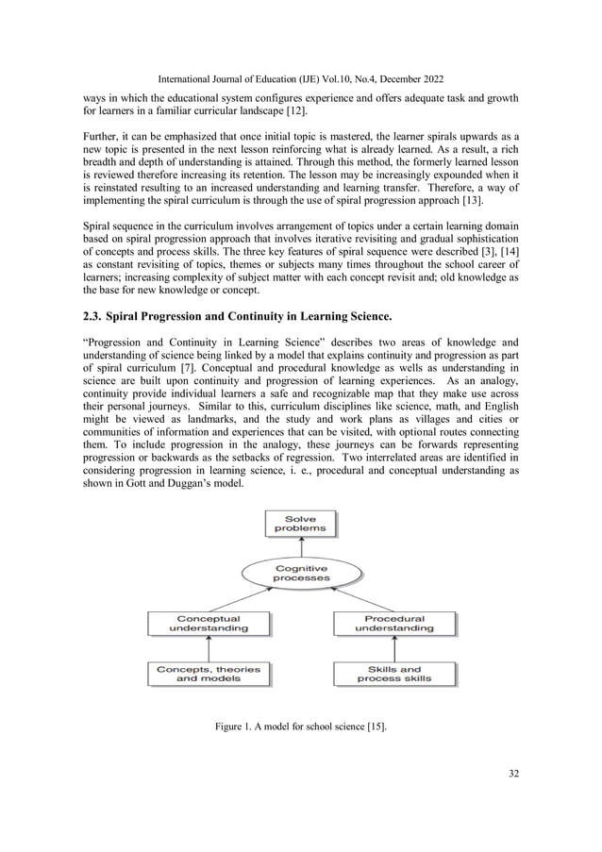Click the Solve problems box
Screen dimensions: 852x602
pos(301,524)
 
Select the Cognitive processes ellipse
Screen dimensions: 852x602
pos(301,573)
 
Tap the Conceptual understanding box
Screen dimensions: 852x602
pos(209,623)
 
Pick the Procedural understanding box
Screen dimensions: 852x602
pos(394,623)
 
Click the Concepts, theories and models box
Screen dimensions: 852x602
pos(209,674)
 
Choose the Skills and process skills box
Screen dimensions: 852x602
pos(394,674)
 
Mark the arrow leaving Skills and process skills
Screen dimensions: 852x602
pos(394,648)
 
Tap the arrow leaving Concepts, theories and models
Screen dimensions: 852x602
pos(209,648)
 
